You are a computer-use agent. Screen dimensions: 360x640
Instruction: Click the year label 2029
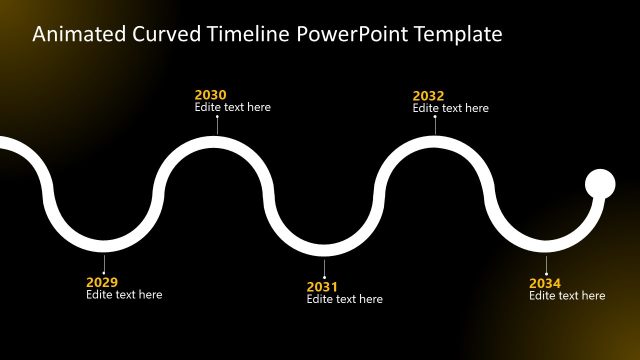pos(102,282)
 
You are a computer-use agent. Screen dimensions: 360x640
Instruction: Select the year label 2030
pos(210,95)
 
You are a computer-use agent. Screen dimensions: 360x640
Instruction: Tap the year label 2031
pos(322,287)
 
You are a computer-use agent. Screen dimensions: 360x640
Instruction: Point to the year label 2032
pos(428,96)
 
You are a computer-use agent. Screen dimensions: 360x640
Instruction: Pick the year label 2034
pos(545,283)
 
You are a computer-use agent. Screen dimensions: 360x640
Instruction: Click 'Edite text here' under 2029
pos(124,295)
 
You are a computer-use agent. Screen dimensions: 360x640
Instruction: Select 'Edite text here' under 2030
pos(232,107)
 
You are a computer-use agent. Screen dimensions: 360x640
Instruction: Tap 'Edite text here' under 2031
pos(344,299)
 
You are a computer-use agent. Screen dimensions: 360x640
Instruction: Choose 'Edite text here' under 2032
pos(450,108)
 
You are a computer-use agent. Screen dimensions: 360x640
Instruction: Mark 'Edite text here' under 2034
pos(567,295)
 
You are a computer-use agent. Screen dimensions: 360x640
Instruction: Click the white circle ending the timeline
pos(600,184)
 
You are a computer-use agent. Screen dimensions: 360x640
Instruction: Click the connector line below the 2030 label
pos(217,124)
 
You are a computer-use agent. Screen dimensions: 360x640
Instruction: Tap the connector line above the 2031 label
pos(324,268)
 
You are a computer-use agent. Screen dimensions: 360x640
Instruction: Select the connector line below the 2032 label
pos(435,124)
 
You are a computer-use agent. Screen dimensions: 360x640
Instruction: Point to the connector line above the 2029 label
pos(103,262)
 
